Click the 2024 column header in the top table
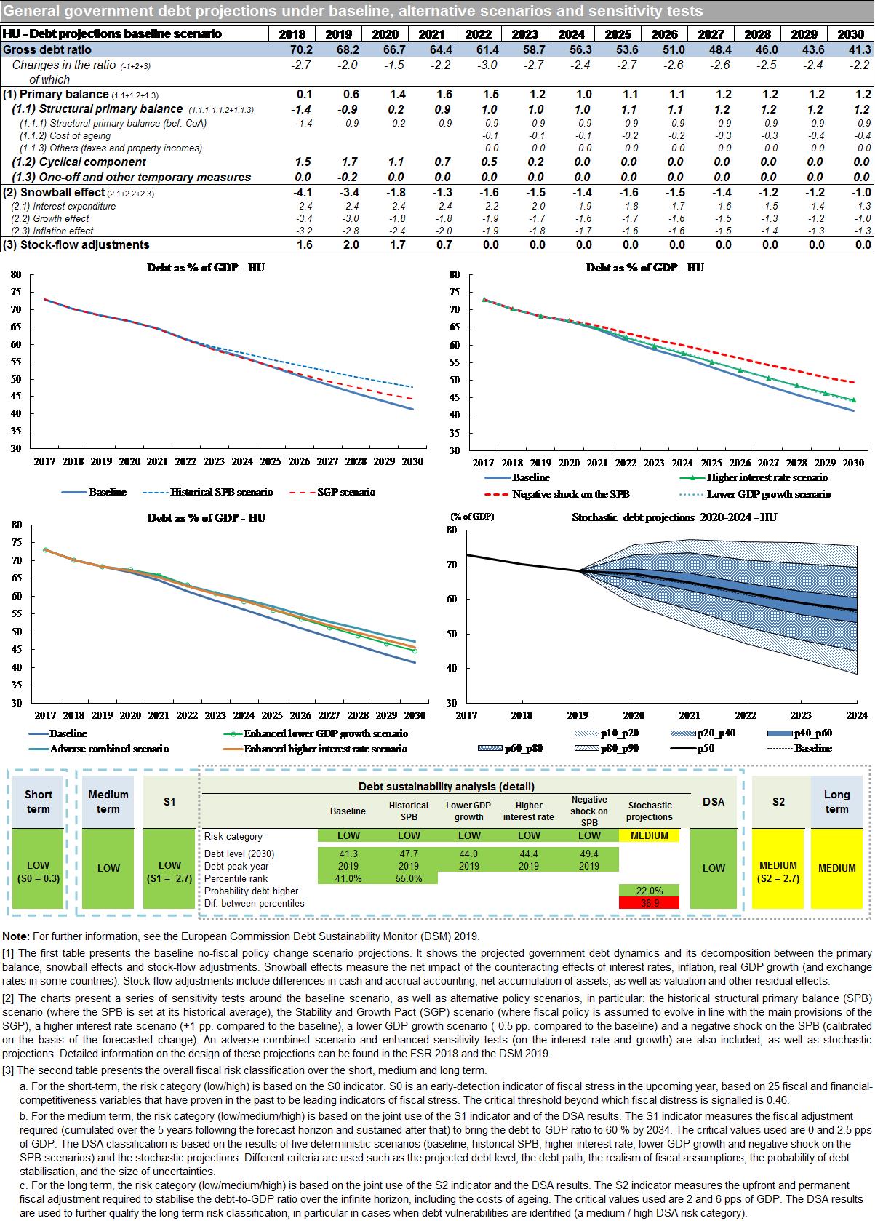pos(572,34)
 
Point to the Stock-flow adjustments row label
pos(76,244)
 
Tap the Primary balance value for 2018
pos(304,95)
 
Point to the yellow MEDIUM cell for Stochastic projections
pos(649,835)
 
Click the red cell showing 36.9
pos(649,903)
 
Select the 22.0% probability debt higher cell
pos(649,891)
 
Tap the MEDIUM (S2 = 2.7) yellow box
pos(778,871)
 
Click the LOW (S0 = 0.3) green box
pos(39,871)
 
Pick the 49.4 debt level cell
pos(589,854)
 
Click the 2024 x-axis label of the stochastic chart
pos(856,715)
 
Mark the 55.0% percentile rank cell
pos(409,878)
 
